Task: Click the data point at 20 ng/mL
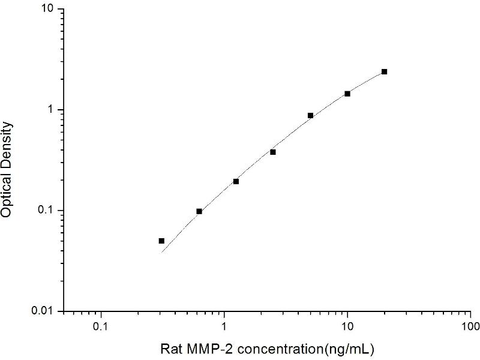(384, 71)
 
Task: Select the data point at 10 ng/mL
(347, 94)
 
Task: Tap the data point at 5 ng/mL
(310, 115)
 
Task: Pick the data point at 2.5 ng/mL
(273, 152)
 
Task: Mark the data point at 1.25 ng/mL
(236, 181)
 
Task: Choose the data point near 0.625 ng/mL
(199, 211)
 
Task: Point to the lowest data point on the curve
(161, 241)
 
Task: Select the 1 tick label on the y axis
(52, 110)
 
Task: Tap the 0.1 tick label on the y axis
(46, 211)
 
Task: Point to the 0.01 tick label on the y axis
(43, 311)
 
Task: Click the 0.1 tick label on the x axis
(101, 328)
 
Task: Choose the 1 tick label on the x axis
(224, 328)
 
